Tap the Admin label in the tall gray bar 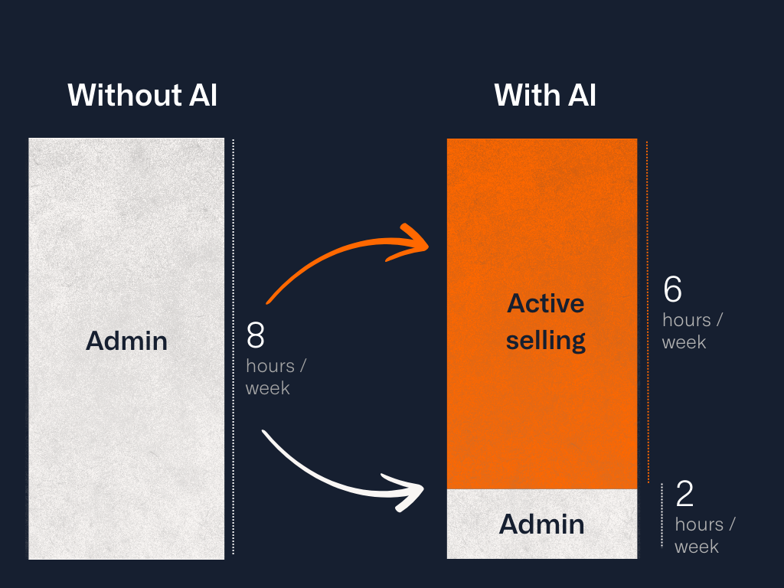point(126,341)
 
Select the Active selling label point(546,322)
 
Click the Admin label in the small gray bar point(541,524)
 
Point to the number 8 point(256,336)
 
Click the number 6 point(672,289)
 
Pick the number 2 point(684,495)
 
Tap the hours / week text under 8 point(275,377)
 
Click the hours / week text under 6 point(691,331)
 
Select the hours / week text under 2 point(704,535)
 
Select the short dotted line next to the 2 point(662,515)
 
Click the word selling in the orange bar point(546,340)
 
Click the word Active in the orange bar point(546,304)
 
